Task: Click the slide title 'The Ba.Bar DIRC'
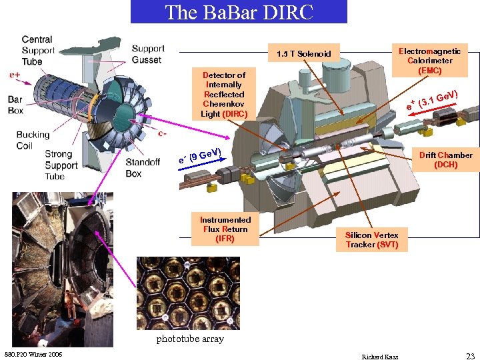239,12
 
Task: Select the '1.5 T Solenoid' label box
304,53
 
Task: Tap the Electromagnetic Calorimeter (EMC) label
429,60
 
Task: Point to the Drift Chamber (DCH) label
445,159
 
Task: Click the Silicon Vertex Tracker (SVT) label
372,240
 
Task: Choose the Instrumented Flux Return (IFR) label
225,229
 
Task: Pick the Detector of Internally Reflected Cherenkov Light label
224,95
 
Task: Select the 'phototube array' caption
190,339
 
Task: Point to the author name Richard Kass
379,357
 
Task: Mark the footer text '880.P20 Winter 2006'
33,353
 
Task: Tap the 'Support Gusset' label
147,54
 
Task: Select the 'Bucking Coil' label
33,140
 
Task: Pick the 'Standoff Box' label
143,168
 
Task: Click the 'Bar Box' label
15,105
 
